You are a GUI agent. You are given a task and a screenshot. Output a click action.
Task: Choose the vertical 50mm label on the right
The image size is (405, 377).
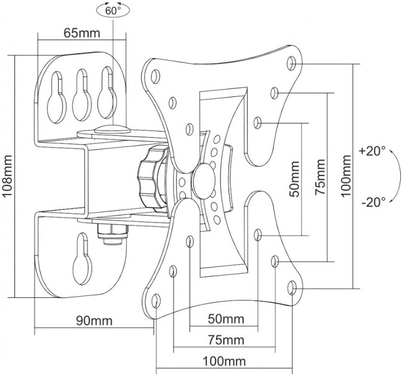[x=295, y=178]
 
